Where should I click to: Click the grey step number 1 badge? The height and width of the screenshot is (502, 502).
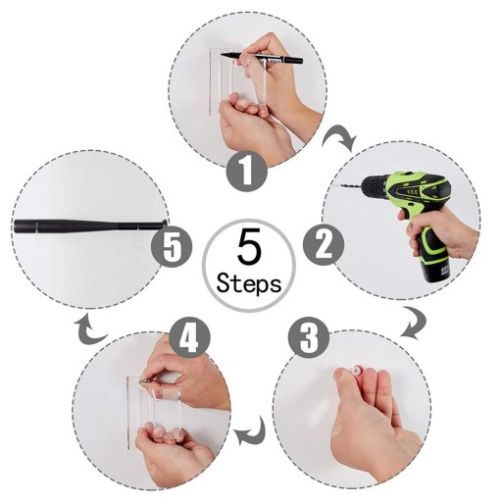tap(247, 172)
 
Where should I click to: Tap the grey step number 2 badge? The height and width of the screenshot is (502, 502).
tap(324, 245)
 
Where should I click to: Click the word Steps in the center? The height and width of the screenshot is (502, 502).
tap(249, 283)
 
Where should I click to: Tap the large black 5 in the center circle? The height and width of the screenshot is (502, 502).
tap(249, 246)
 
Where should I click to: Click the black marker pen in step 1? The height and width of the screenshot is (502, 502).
tap(262, 58)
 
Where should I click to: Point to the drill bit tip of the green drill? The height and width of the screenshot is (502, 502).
tap(342, 185)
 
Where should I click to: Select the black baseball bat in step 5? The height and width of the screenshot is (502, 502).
tap(90, 226)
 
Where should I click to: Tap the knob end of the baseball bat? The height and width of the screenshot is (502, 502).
tap(164, 224)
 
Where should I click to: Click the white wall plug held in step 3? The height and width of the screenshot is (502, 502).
tap(354, 371)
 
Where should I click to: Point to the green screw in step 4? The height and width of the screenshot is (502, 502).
tap(144, 380)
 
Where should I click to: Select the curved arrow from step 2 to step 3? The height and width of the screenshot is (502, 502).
tap(414, 322)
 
